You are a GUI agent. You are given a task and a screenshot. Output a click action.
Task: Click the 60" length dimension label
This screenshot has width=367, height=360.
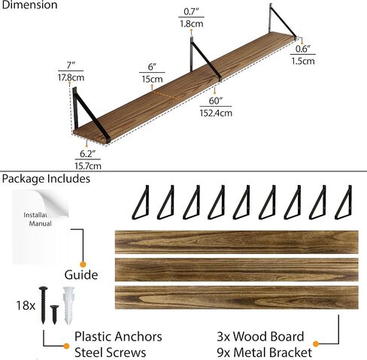coord(216,101)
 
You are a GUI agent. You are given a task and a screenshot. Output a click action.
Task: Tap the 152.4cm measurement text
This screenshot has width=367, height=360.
coord(216,113)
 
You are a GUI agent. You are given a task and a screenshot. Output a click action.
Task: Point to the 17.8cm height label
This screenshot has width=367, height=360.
coord(71,77)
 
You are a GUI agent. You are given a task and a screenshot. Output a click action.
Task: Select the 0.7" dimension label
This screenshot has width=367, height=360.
coord(191,11)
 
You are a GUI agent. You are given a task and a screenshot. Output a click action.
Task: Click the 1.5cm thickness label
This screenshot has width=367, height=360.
coord(303,61)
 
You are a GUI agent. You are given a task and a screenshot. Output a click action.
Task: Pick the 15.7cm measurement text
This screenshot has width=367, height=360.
coord(88,166)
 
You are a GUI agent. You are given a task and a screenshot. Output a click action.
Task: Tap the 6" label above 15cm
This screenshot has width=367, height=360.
coord(152,67)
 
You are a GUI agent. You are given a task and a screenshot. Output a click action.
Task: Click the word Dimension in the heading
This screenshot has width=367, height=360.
coord(29,5)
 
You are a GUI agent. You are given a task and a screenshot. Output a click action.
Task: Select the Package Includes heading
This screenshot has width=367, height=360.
coord(46,179)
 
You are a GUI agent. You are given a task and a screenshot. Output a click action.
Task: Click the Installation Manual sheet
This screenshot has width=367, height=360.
coord(40,227)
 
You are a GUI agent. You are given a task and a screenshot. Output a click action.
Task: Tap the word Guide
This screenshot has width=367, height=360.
coord(81,275)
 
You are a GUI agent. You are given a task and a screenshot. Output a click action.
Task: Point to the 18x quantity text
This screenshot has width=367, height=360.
coord(26,305)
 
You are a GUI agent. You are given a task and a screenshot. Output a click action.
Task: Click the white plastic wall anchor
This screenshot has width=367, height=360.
coord(69,305)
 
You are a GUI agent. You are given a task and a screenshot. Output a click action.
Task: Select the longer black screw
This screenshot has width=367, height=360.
coord(43,305)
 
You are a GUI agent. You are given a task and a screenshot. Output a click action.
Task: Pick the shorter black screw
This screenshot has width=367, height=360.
coord(54,314)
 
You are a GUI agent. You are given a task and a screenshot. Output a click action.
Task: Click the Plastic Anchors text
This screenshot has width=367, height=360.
coord(118,337)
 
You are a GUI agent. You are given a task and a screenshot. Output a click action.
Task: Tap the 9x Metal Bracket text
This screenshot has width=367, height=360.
coord(265,352)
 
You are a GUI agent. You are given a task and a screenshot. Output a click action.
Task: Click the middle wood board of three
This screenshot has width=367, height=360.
coord(237,270)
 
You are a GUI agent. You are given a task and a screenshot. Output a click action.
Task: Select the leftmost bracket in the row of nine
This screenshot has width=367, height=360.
coord(141,202)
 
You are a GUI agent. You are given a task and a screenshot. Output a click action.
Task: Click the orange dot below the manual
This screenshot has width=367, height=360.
coord(83,265)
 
